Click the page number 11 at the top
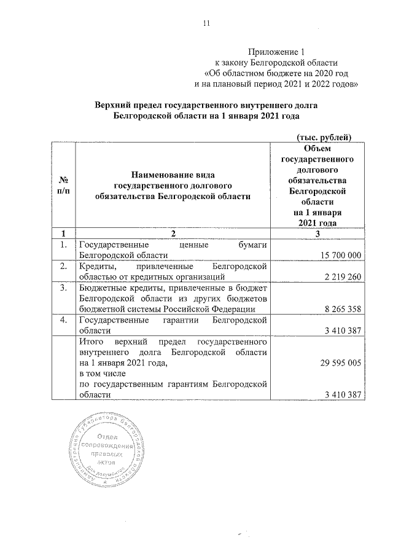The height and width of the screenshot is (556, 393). pos(207,24)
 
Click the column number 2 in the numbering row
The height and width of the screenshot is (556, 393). pos(173,233)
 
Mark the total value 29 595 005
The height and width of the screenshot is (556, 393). pos(341,364)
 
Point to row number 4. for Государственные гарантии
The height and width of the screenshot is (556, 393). pos(63,321)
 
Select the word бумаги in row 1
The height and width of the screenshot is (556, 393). pos(252,245)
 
